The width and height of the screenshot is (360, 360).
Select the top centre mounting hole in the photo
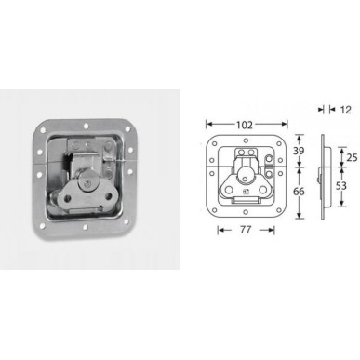tap(84, 123)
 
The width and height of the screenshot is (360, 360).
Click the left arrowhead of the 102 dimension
tap(207, 122)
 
